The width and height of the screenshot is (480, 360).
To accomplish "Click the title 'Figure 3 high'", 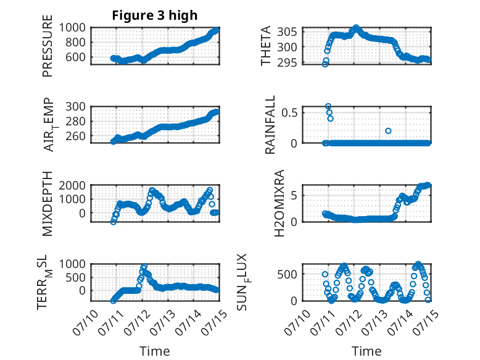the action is (x=155, y=15).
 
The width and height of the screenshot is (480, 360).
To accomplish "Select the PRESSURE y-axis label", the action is (x=48, y=46).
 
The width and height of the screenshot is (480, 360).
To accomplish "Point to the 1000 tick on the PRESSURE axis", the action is (x=72, y=28).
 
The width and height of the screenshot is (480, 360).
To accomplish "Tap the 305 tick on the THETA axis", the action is (x=287, y=31).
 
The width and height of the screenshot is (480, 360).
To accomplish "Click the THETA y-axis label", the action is (x=266, y=46).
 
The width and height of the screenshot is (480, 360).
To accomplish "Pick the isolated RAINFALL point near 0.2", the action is (x=388, y=131).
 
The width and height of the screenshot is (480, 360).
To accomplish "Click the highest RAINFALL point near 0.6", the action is (x=328, y=106).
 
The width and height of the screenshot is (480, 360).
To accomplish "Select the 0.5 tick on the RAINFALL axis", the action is (x=289, y=112).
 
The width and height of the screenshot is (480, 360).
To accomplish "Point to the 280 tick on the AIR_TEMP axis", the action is (x=75, y=121).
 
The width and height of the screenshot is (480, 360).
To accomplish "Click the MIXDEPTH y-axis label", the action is (x=48, y=203).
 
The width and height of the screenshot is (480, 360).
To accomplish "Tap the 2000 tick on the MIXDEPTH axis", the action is (x=72, y=185).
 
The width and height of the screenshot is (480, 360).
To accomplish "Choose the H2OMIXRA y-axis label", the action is (x=279, y=203).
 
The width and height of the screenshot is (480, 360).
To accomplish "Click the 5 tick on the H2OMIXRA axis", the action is (x=294, y=196).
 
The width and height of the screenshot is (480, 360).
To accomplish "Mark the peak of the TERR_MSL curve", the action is (x=144, y=266).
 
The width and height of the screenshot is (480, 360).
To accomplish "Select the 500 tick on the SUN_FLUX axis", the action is (x=287, y=274).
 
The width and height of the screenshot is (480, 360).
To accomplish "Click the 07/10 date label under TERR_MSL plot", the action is (x=85, y=322).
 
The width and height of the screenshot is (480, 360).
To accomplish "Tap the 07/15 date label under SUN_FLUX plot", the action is (x=426, y=322).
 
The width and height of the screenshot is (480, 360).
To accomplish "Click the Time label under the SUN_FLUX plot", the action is (x=366, y=351).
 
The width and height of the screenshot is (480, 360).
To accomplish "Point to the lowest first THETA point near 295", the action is (x=325, y=64).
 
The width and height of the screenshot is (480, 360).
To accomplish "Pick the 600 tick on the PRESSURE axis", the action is (x=75, y=57).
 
